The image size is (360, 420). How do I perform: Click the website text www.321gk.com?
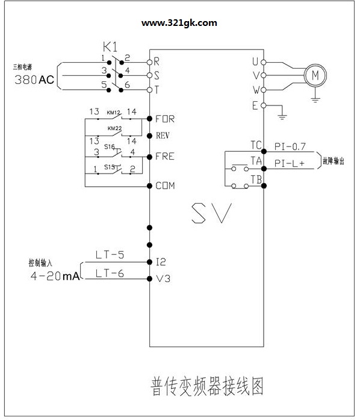click(179, 23)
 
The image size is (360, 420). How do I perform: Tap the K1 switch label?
click(110, 47)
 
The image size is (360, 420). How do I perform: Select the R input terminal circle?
click(150, 63)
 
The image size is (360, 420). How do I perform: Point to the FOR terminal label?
click(165, 119)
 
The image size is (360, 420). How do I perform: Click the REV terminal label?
click(163, 136)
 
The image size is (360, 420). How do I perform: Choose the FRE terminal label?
click(165, 156)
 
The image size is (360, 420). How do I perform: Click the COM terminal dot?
click(150, 186)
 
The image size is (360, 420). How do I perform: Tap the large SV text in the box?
click(211, 213)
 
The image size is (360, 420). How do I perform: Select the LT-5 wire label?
click(110, 255)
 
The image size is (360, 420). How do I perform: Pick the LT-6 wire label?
click(110, 274)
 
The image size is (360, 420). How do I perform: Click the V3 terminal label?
click(163, 278)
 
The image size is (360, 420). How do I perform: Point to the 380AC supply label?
click(34, 80)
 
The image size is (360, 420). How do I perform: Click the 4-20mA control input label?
click(55, 275)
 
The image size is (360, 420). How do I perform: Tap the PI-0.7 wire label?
click(290, 146)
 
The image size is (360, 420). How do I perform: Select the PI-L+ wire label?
click(290, 163)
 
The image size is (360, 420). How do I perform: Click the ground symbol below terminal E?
click(282, 116)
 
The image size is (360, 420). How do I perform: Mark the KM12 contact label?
click(114, 113)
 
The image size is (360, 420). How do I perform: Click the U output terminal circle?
click(264, 63)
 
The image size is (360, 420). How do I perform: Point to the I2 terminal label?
click(161, 262)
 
